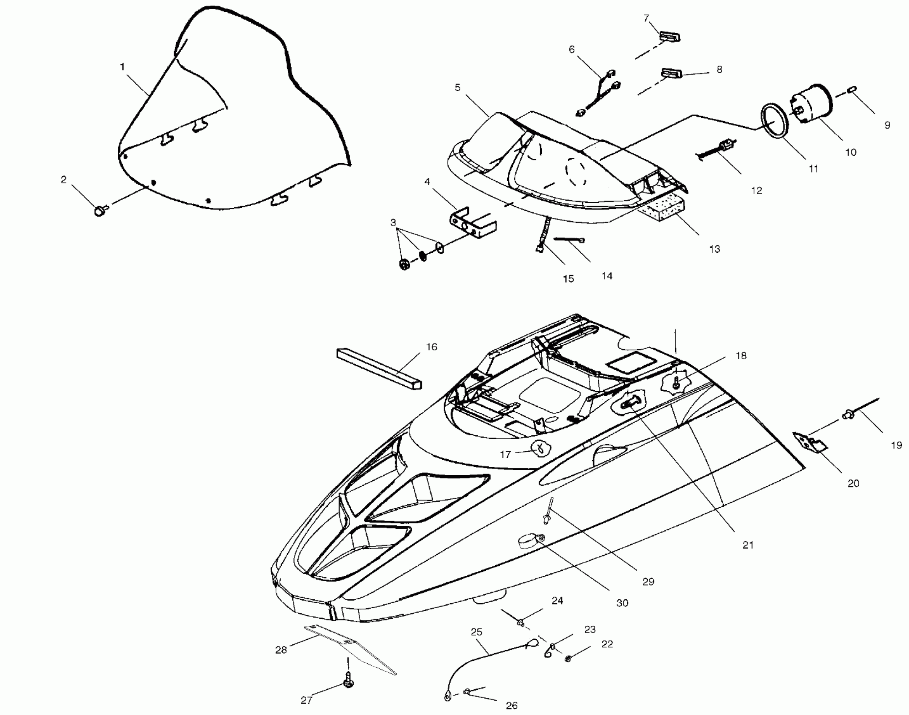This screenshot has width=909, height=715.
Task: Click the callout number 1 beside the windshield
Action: (122, 66)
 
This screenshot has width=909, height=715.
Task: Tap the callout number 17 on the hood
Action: (505, 454)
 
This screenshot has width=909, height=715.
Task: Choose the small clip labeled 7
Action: (669, 37)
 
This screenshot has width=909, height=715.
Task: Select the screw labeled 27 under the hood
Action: (349, 687)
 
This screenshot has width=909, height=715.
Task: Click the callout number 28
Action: (281, 650)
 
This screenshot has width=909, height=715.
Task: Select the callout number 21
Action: (747, 545)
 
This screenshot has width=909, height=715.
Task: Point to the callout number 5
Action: (458, 87)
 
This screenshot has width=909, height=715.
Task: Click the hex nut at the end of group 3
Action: (405, 265)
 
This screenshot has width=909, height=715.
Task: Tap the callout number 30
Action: (622, 603)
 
